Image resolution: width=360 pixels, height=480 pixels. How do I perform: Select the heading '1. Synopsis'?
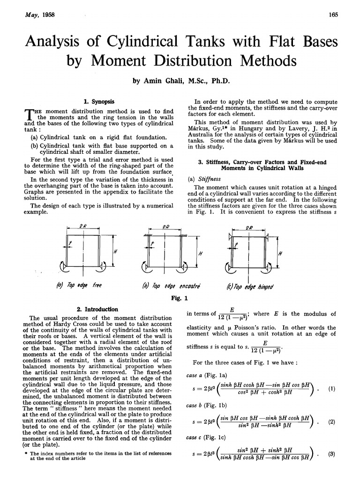coord(98,101)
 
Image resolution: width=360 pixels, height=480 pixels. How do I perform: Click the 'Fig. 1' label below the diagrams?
coord(180,298)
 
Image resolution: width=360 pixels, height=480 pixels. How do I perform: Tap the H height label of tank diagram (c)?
coord(280,253)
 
